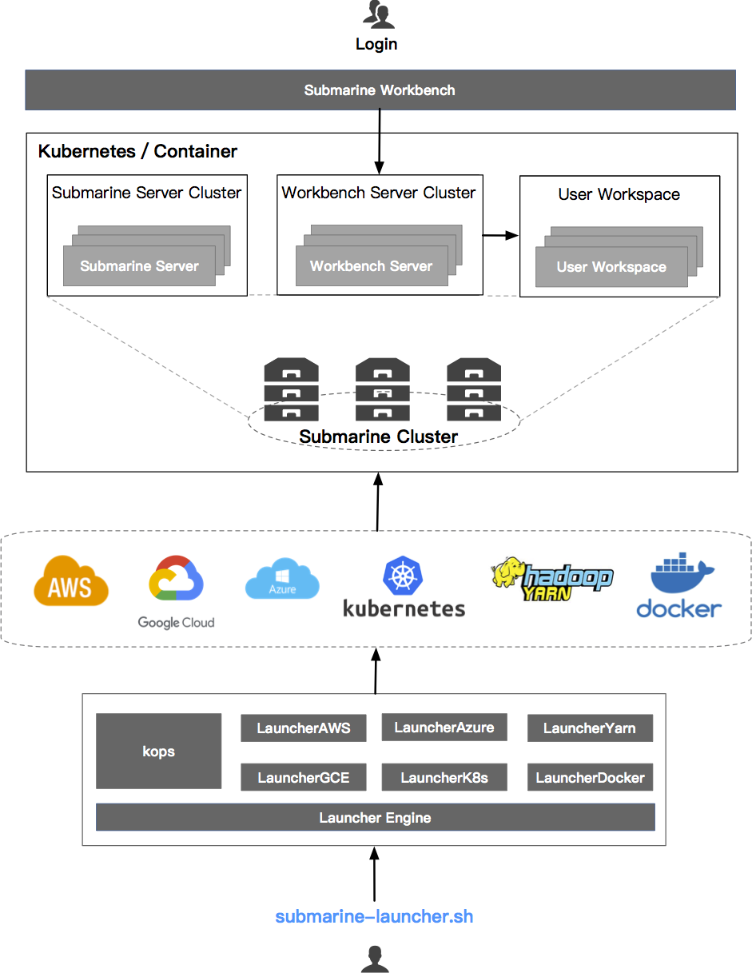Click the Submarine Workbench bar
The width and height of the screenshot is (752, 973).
tap(380, 90)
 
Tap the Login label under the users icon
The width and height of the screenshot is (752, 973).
tap(376, 44)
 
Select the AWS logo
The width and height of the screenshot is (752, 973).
tap(71, 581)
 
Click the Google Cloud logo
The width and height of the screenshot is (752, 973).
tap(176, 592)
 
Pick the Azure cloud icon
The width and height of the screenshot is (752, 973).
tap(282, 578)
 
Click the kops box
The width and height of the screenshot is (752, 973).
tap(158, 752)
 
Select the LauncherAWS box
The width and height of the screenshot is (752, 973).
tap(303, 728)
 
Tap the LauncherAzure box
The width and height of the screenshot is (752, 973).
tap(444, 728)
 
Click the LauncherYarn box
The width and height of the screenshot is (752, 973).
tap(590, 728)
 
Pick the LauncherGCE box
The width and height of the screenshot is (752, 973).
tap(303, 777)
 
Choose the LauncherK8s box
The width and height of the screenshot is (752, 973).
tap(444, 777)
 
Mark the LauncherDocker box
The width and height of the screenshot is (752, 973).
tap(590, 777)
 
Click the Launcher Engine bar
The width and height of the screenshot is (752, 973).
tap(375, 817)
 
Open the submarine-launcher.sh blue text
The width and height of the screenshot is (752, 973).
tap(374, 916)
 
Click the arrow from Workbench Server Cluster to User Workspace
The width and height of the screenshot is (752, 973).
tap(500, 236)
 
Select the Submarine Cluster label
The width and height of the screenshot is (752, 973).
tap(378, 437)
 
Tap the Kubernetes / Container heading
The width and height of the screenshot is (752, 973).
tap(137, 151)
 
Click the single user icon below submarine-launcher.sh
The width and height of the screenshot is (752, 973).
tap(375, 958)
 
